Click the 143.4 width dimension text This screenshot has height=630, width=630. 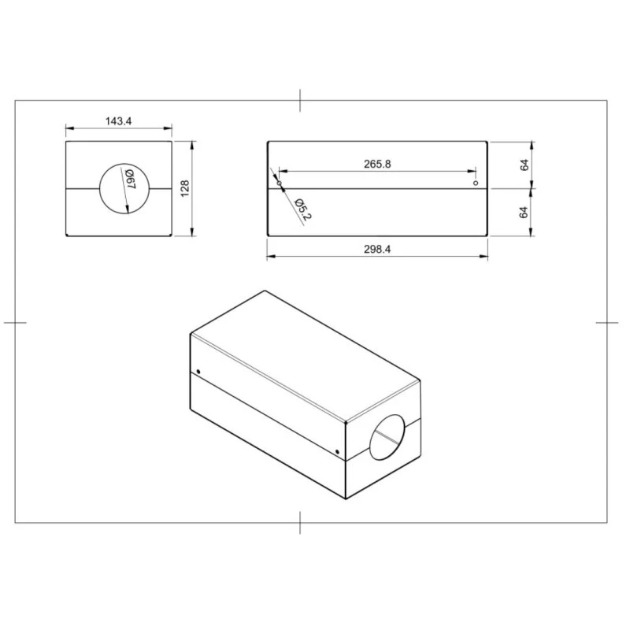coord(118,121)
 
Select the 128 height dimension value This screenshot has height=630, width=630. coord(185,189)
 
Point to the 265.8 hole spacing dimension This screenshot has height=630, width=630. coord(377,164)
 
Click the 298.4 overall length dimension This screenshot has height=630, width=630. coord(377,250)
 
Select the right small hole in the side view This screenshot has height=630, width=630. coord(475,183)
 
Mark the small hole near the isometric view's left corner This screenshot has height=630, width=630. coord(198,372)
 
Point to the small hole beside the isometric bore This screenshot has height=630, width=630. coord(338,452)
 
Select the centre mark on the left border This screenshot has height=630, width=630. coord(16,322)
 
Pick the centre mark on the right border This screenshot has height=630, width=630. coord(607,322)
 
